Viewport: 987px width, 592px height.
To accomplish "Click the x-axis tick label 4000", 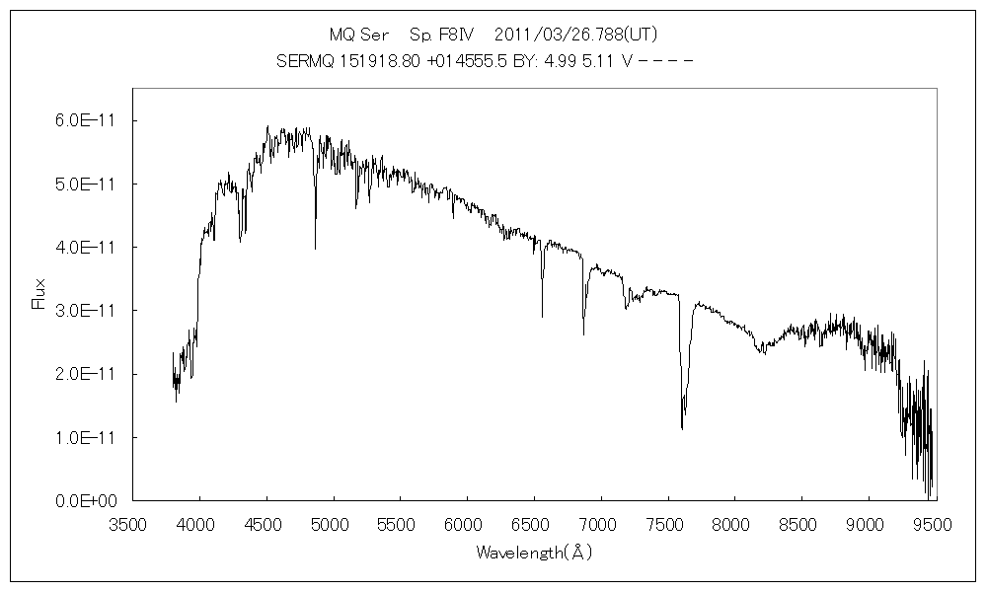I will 199,523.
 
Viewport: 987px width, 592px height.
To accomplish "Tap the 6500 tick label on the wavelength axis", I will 534,523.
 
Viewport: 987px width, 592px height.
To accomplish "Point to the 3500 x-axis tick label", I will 132,523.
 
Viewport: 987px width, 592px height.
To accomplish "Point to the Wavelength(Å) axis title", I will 534,553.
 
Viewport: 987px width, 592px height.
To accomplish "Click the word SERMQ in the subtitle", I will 306,60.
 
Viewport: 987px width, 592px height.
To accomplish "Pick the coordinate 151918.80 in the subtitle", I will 381,60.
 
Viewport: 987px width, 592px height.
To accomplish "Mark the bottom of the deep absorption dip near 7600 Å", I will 682,428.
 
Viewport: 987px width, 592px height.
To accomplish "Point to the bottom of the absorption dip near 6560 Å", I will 542,316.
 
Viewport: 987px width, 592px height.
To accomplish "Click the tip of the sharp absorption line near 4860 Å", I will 315,249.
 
